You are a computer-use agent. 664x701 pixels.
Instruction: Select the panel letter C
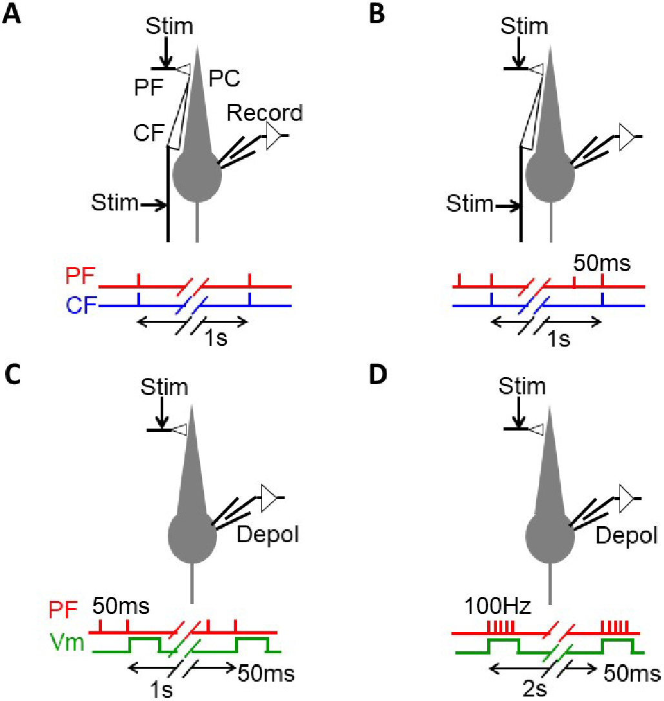pos(12,374)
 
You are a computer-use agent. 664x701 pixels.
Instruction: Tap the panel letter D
pos(378,374)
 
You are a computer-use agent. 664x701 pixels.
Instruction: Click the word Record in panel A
pos(265,113)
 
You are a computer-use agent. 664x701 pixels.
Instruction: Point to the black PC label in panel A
pos(225,79)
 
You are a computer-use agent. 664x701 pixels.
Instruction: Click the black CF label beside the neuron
pos(149,133)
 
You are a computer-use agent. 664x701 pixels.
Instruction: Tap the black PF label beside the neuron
pos(149,88)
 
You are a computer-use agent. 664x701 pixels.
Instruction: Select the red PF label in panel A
pos(80,276)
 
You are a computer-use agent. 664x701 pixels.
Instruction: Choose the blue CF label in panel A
pos(81,305)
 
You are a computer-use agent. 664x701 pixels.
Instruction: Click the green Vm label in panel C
pos(67,642)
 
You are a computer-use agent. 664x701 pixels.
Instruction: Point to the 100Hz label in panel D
pos(498,606)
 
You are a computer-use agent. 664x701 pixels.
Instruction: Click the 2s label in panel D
pos(535,689)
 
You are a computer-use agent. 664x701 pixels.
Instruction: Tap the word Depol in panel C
pos(268,534)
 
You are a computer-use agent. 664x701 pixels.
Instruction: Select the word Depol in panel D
pos(627,536)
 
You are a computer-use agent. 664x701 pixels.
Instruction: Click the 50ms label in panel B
pos(602,263)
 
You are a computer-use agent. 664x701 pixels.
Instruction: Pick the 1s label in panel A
pos(216,338)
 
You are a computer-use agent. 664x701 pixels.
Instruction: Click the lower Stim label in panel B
pos(470,204)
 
